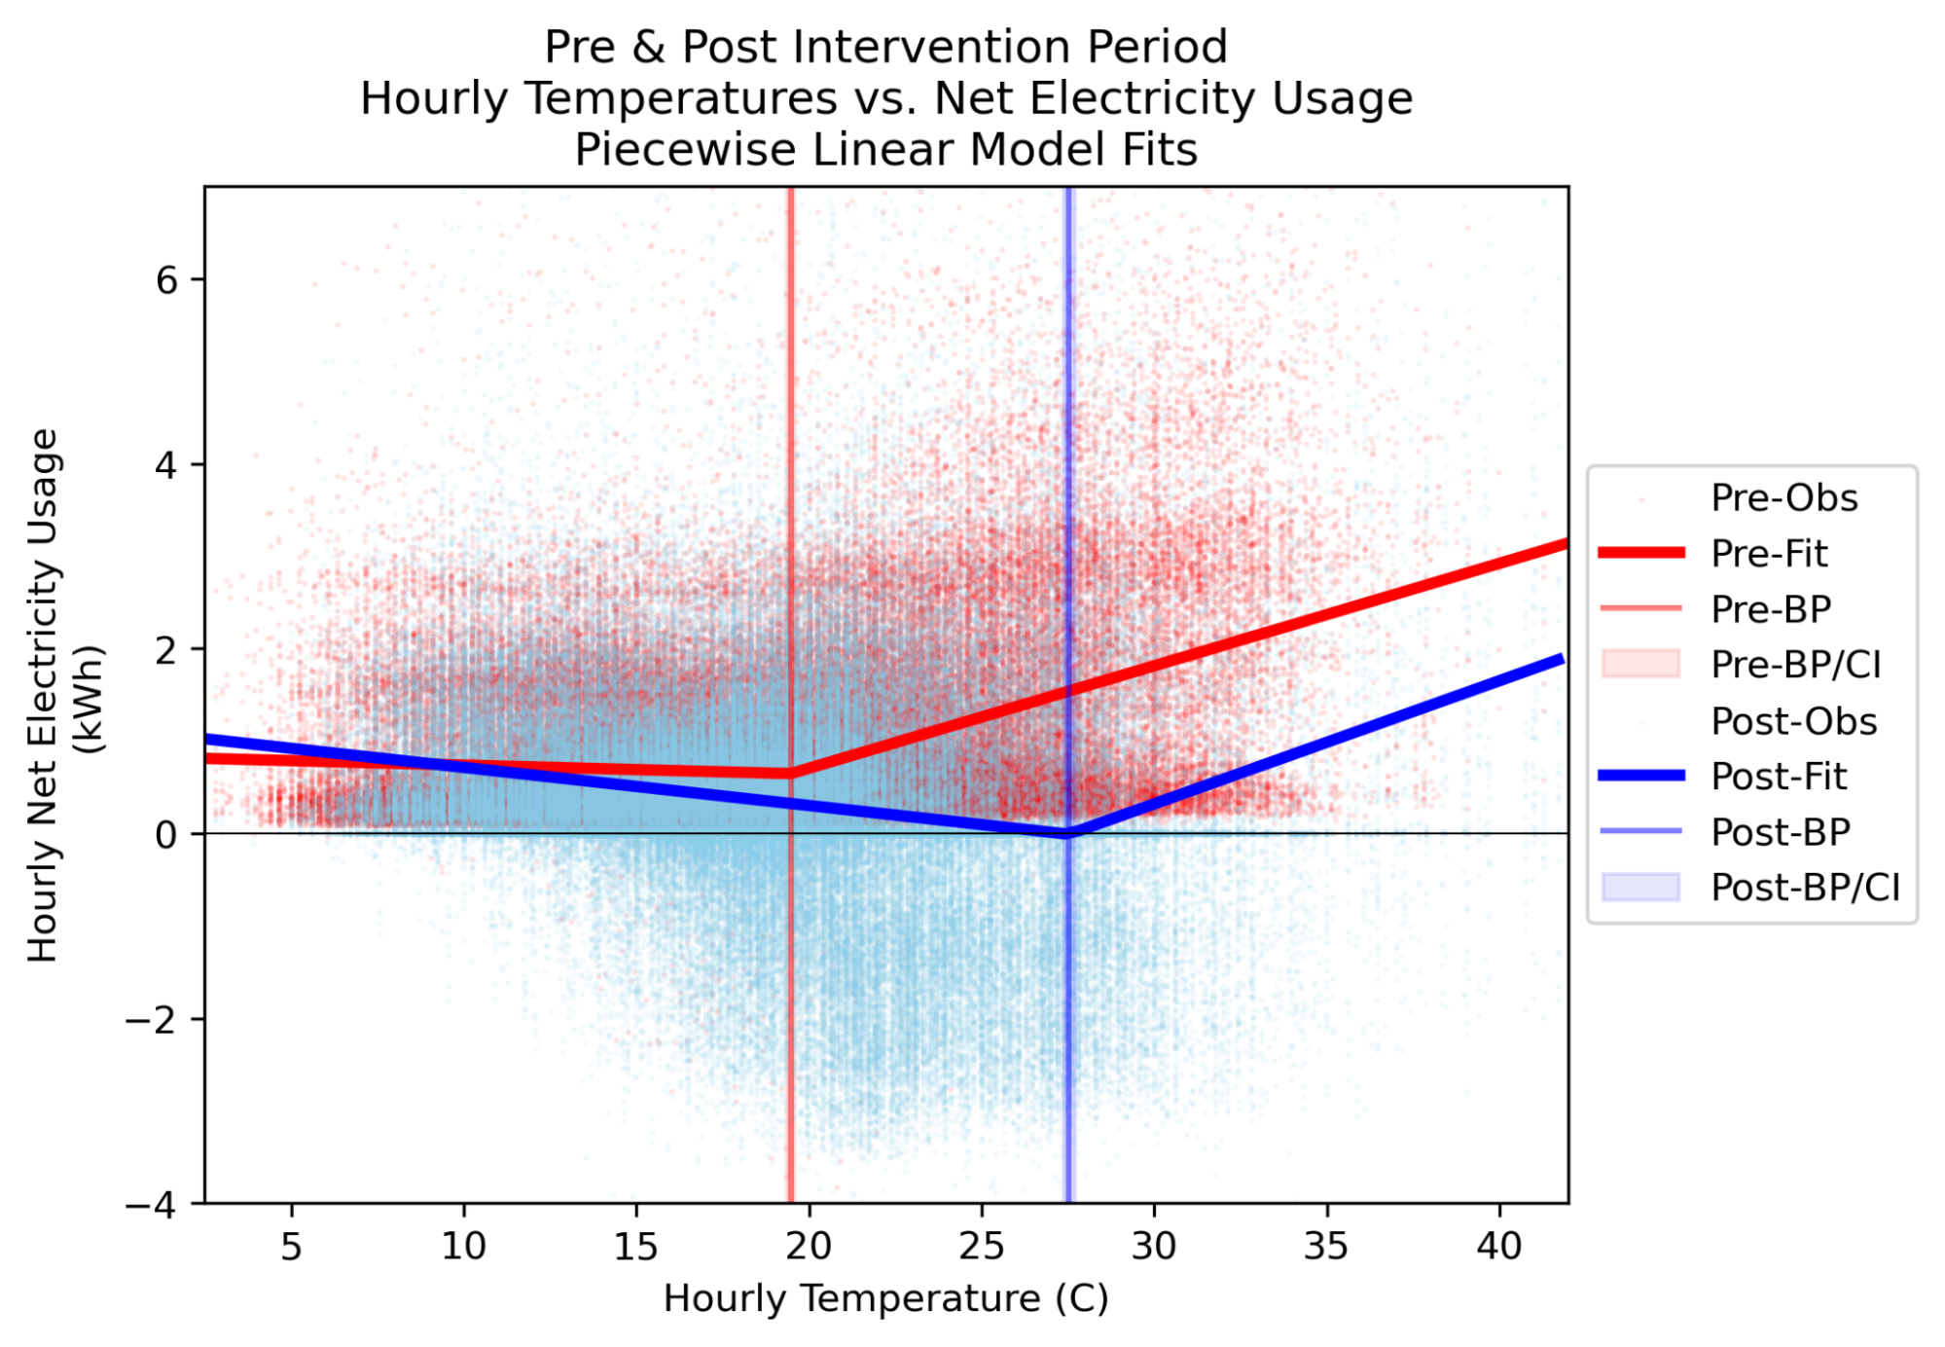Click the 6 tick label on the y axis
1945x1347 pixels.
coord(166,280)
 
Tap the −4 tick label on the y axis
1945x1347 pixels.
coord(152,1205)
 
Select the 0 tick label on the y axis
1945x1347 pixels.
coord(166,835)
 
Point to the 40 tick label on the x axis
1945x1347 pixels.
coord(1499,1246)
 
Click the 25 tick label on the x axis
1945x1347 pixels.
coord(981,1246)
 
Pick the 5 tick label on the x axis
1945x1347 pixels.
coord(292,1246)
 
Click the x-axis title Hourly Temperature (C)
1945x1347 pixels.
coord(885,1298)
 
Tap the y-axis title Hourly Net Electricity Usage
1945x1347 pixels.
coord(44,695)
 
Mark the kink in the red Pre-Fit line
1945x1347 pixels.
coord(791,774)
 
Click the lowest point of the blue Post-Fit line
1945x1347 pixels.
coord(1068,833)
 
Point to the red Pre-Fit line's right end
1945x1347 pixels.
coord(1566,544)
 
